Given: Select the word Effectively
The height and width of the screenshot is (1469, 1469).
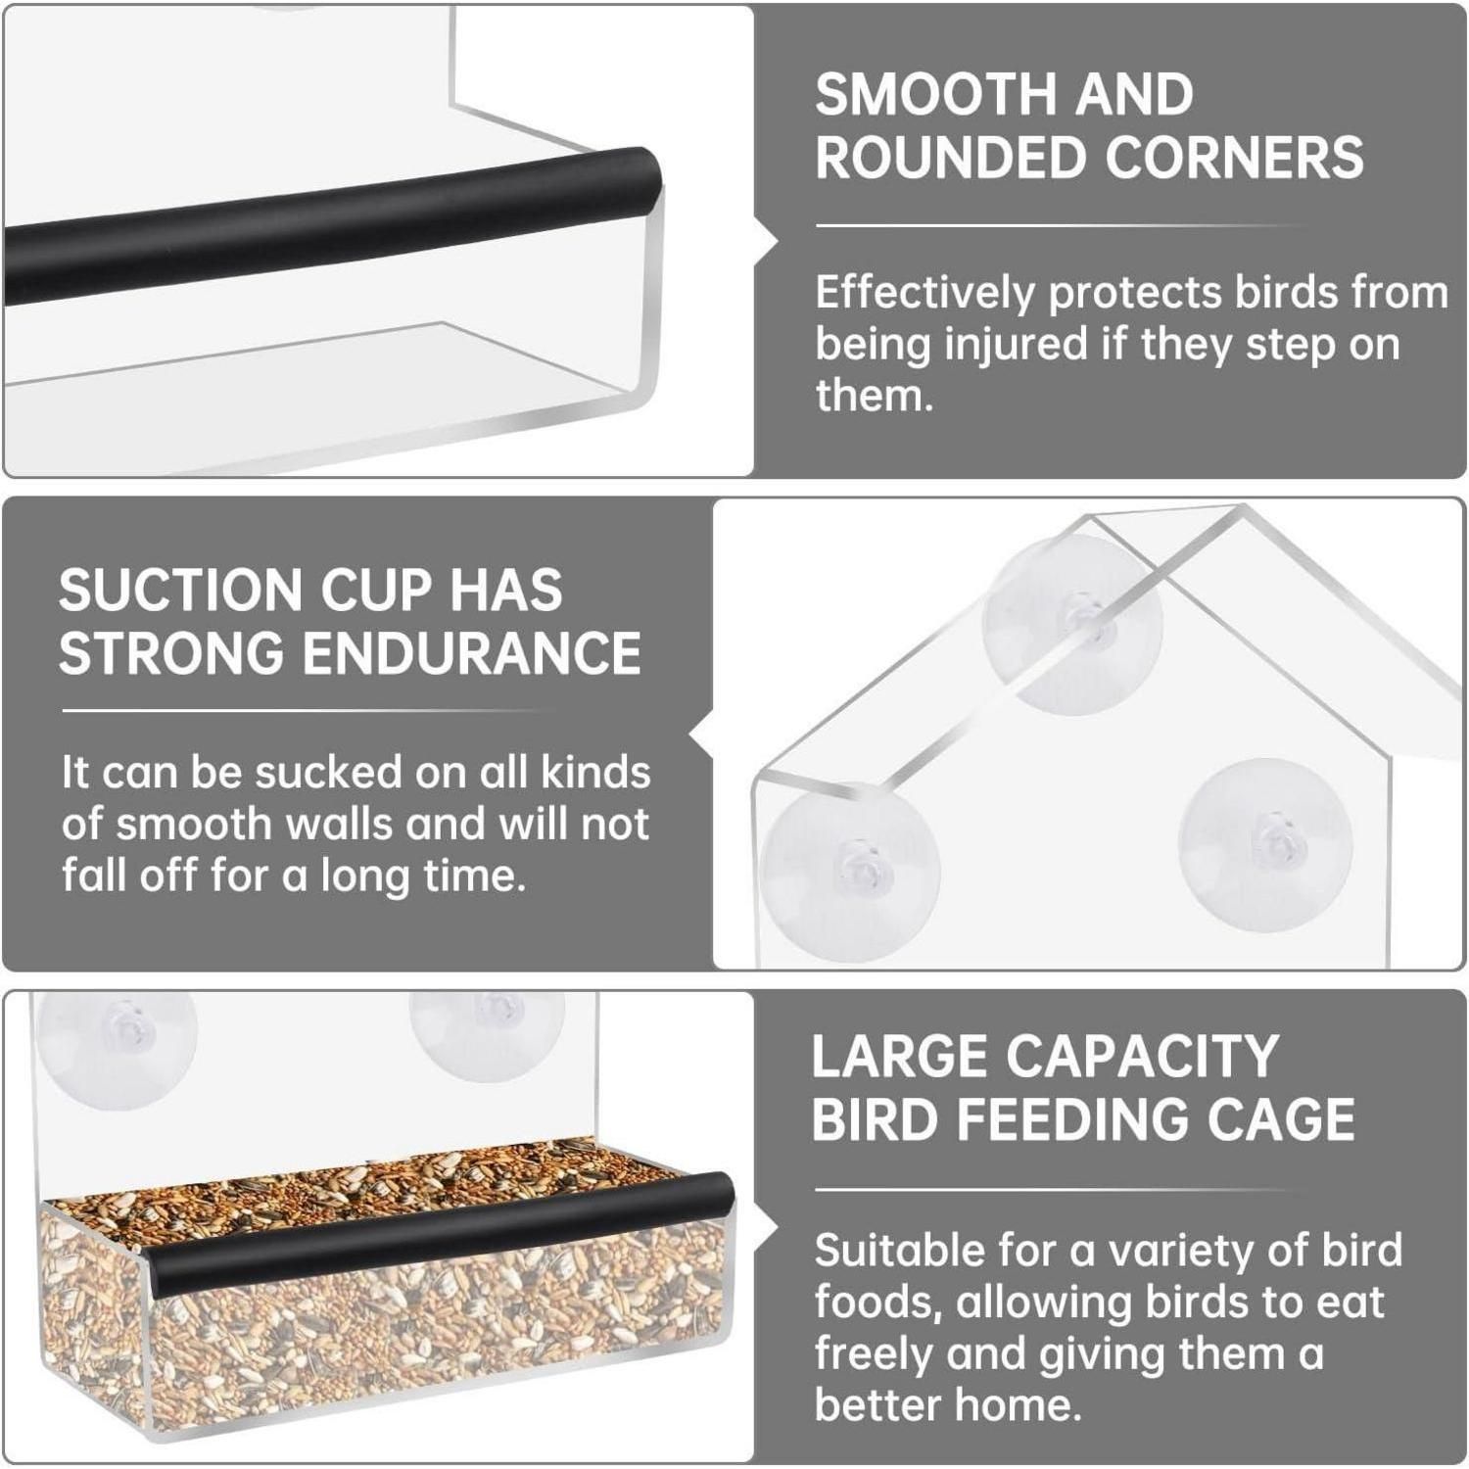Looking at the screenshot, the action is (924, 294).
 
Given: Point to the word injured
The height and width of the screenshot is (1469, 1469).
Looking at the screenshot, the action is (1012, 345).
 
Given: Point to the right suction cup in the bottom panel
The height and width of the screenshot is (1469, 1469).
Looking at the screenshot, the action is (487, 1032).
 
